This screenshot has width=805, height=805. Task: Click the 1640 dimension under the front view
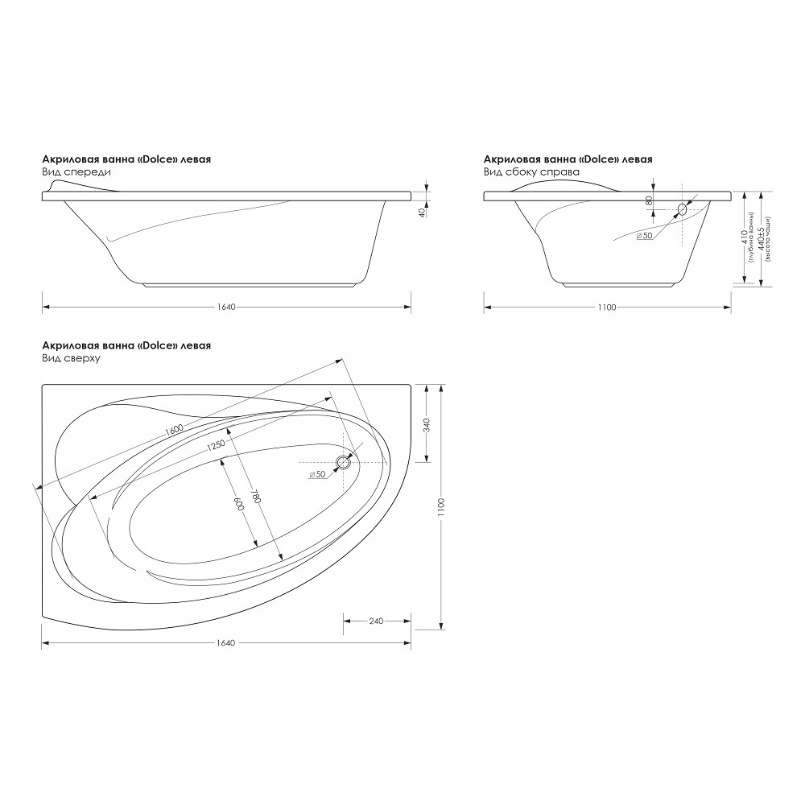point(226,307)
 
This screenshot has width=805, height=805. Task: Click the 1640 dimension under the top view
point(226,642)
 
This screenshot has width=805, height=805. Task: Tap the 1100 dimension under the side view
point(607,307)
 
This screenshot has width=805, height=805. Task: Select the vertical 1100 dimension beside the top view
point(441,507)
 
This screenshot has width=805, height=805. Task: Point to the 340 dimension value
point(427,425)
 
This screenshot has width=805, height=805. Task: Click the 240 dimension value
point(376,621)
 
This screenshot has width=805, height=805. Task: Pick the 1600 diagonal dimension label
point(175,429)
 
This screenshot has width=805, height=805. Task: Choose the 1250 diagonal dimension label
point(216,445)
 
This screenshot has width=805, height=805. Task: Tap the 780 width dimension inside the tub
point(255,496)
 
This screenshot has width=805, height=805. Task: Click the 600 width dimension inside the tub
point(239,504)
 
